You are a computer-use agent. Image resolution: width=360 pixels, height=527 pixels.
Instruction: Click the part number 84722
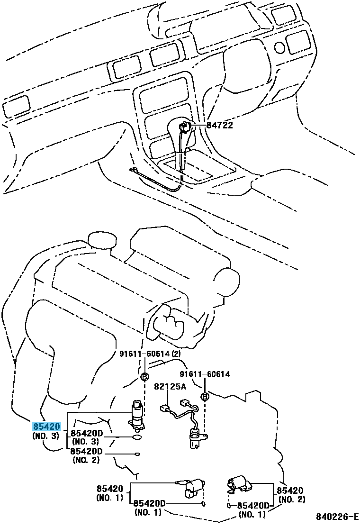[219, 125]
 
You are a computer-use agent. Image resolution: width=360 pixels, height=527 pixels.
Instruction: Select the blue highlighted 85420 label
[46, 427]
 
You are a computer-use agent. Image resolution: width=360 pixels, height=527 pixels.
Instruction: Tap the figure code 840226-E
[336, 516]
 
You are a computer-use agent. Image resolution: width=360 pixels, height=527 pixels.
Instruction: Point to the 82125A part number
[170, 387]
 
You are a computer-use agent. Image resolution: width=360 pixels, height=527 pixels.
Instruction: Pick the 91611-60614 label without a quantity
[205, 374]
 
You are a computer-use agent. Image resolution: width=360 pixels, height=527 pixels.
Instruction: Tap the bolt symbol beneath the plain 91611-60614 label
[204, 397]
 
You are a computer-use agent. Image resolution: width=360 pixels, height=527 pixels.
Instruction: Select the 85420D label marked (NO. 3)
[87, 433]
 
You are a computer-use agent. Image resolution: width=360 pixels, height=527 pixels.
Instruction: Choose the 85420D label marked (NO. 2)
[86, 451]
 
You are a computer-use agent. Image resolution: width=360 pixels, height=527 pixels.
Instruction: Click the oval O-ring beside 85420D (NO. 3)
[137, 437]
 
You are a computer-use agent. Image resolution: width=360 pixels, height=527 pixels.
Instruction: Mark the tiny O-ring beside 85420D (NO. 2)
[138, 454]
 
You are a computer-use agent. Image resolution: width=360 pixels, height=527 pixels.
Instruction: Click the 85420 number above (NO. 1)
[110, 489]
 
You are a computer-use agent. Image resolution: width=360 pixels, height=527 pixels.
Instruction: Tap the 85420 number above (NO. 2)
[290, 491]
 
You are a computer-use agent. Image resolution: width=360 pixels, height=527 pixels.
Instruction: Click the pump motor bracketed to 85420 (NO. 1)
[191, 485]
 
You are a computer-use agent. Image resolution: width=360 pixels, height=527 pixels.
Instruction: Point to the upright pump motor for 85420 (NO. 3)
[137, 416]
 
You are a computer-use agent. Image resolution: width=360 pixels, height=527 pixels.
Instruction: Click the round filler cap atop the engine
[102, 241]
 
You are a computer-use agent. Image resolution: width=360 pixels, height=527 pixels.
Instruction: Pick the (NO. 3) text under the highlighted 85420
[45, 436]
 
